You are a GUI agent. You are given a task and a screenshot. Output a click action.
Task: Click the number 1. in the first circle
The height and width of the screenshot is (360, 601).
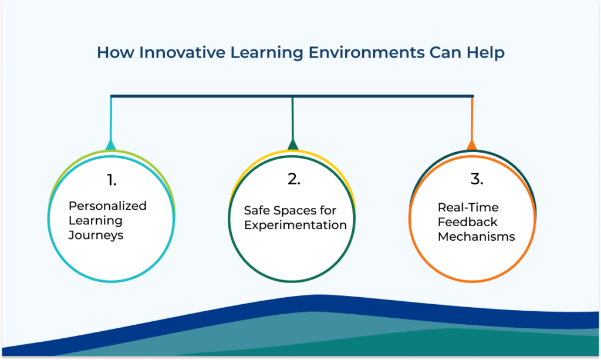coord(111,180)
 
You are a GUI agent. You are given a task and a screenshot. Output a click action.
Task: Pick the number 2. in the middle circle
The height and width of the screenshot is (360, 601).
coord(294,180)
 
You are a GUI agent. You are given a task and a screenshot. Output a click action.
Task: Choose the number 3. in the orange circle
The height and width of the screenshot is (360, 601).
coord(477,180)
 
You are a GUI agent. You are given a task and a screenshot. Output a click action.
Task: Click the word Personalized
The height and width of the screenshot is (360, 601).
coord(107,206)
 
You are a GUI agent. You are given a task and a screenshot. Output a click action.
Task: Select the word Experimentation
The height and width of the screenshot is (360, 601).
coord(295,225)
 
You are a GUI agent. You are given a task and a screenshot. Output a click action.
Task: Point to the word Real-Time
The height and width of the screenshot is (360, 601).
coord(468,207)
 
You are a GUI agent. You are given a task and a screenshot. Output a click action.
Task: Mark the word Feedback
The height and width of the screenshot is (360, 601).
coord(468,222)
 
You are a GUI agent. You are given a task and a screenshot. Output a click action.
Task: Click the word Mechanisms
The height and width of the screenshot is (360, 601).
coord(477,237)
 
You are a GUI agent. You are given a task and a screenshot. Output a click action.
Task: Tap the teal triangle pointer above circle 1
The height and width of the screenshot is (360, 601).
coord(110,145)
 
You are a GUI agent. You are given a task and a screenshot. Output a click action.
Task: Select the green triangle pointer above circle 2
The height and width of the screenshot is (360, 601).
coord(293,145)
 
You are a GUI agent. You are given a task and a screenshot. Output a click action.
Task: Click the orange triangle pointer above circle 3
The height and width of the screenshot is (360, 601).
coord(471,145)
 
